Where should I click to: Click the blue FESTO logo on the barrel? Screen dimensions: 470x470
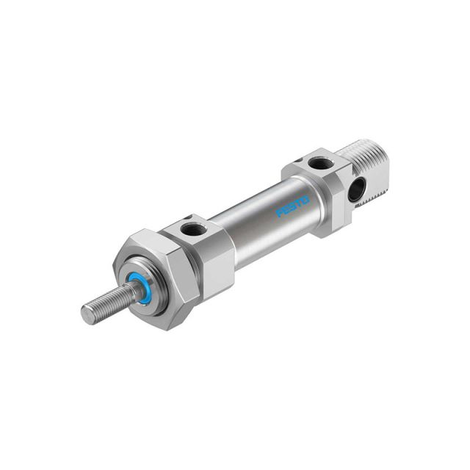point(292,206)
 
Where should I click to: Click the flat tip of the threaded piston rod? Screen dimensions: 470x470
point(87,314)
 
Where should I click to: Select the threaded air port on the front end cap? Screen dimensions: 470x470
point(193,229)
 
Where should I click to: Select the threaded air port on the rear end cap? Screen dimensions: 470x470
point(321,163)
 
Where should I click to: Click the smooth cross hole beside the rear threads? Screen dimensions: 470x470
point(357,189)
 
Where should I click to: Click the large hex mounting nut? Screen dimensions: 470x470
point(155,279)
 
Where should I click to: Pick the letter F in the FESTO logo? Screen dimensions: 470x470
point(281,212)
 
